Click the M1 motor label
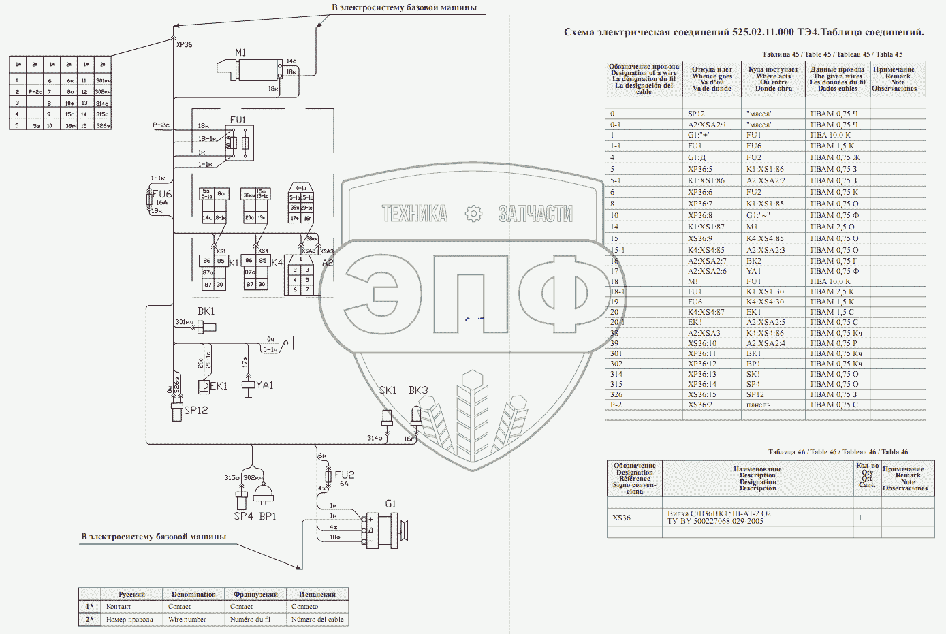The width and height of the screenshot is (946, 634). [x=240, y=52]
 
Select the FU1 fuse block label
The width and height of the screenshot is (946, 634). [x=238, y=120]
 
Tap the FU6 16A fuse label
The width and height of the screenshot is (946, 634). [x=161, y=194]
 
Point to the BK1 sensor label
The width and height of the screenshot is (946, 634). [x=206, y=311]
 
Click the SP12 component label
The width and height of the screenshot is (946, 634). [x=195, y=410]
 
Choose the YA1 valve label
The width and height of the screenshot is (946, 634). [x=264, y=385]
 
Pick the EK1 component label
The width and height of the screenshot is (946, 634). [x=219, y=386]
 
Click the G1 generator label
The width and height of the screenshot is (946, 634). [x=391, y=504]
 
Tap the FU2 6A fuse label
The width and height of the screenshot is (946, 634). [x=345, y=475]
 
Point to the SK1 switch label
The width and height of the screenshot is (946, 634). [x=388, y=390]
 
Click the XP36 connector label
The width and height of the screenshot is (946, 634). [x=184, y=45]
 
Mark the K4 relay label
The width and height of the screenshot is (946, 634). [x=277, y=262]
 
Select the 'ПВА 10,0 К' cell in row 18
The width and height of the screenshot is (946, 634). [x=830, y=281]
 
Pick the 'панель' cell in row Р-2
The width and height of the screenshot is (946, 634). [x=759, y=405]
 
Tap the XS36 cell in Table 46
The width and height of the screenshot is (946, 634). [x=621, y=518]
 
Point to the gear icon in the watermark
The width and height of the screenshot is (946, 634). [x=473, y=214]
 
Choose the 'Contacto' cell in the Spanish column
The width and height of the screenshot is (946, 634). [x=304, y=607]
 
